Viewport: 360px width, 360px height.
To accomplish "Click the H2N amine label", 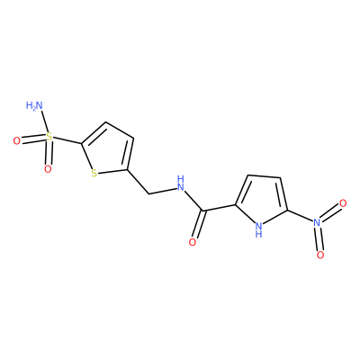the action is coord(34,105).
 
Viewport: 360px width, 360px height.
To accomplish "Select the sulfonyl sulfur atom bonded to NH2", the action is coord(49,138).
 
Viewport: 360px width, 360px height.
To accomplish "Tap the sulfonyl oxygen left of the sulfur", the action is coord(17,140).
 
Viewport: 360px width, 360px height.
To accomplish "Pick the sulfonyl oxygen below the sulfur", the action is coord(48,169).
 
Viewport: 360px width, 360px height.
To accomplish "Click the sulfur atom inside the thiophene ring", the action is coord(94,173).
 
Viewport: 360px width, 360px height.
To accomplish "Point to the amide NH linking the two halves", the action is coord(180,184).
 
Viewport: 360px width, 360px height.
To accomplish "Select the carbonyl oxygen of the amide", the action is coord(193,242).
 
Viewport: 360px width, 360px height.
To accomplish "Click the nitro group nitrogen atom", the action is coord(317,222).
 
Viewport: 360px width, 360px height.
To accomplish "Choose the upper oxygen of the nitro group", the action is coord(343,203).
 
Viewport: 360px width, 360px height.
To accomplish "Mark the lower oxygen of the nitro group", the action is coord(320,255).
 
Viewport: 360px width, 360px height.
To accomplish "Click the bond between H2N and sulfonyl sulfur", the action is coord(44,121).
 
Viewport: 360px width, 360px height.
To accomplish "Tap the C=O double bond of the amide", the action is coord(199,224).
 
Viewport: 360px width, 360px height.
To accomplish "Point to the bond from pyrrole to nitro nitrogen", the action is coord(300,215).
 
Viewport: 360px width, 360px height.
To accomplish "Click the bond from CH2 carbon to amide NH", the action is coord(162,191).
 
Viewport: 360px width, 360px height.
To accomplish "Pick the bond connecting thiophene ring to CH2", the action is coord(139,182).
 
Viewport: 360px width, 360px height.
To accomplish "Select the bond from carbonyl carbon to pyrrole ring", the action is coord(220,208).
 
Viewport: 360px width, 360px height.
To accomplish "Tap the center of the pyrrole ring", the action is coord(262,201).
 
